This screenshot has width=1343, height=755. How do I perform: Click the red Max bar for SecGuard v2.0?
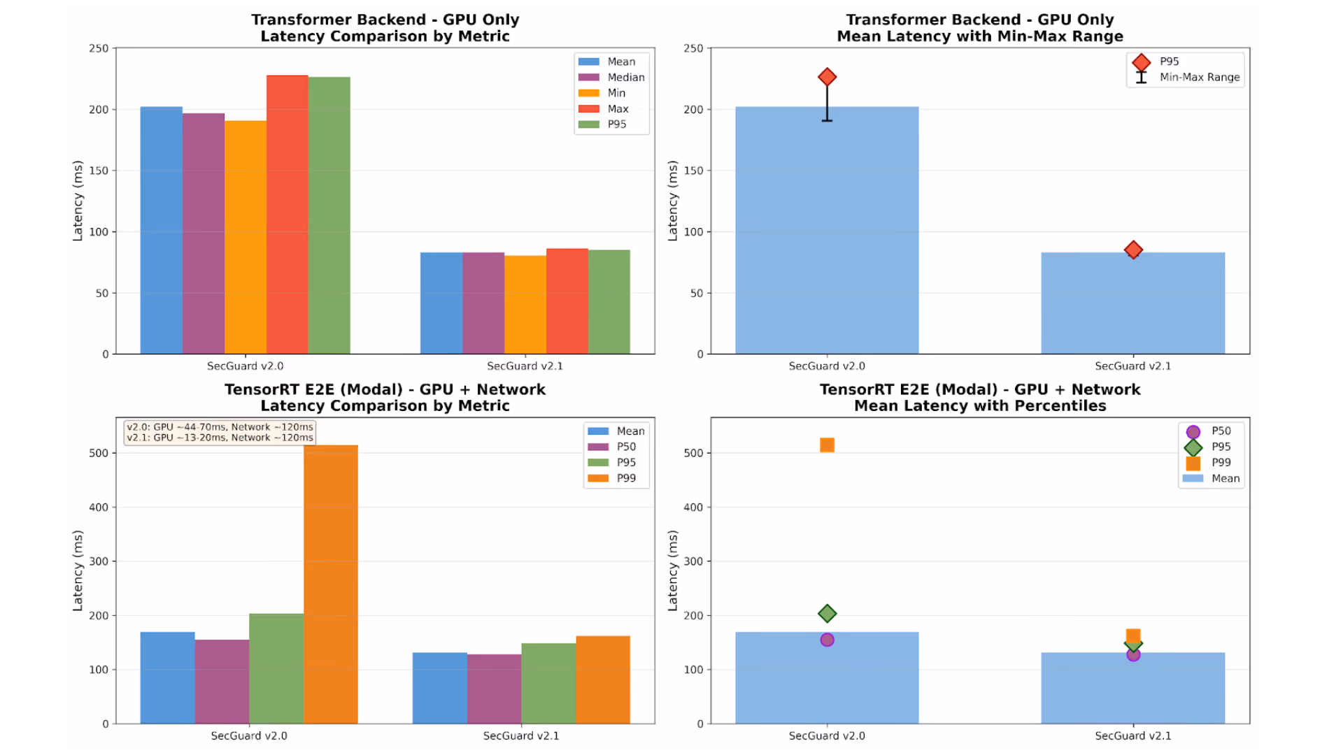[x=287, y=215]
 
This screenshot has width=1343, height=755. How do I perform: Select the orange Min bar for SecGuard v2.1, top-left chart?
[x=525, y=305]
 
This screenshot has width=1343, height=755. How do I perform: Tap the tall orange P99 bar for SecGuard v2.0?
[x=331, y=584]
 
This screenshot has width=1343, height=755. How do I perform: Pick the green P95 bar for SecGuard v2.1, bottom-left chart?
[x=548, y=684]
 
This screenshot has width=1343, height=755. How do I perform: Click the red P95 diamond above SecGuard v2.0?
[x=827, y=77]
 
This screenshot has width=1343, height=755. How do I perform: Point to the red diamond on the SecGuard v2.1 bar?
[x=1133, y=250]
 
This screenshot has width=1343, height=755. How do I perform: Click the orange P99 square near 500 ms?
[x=827, y=445]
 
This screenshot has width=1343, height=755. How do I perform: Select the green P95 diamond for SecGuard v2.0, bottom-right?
[x=827, y=614]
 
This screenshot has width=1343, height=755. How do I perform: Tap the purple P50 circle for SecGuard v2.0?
[x=827, y=640]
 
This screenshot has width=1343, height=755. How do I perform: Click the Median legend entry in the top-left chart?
[x=611, y=78]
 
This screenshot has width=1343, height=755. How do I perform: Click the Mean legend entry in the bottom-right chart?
[x=1211, y=478]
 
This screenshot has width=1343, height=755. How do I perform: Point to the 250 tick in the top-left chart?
[x=99, y=48]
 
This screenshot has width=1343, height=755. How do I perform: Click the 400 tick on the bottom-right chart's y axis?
[x=693, y=508]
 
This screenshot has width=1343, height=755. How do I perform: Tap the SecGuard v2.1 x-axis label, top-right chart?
[x=1133, y=366]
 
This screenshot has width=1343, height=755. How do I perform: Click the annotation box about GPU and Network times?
[x=220, y=432]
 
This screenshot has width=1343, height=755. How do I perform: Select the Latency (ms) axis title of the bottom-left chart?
[x=78, y=570]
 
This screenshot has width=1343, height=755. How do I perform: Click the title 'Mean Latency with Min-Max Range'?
[x=980, y=36]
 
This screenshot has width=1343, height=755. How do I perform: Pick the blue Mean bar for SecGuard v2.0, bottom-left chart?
[x=168, y=678]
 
